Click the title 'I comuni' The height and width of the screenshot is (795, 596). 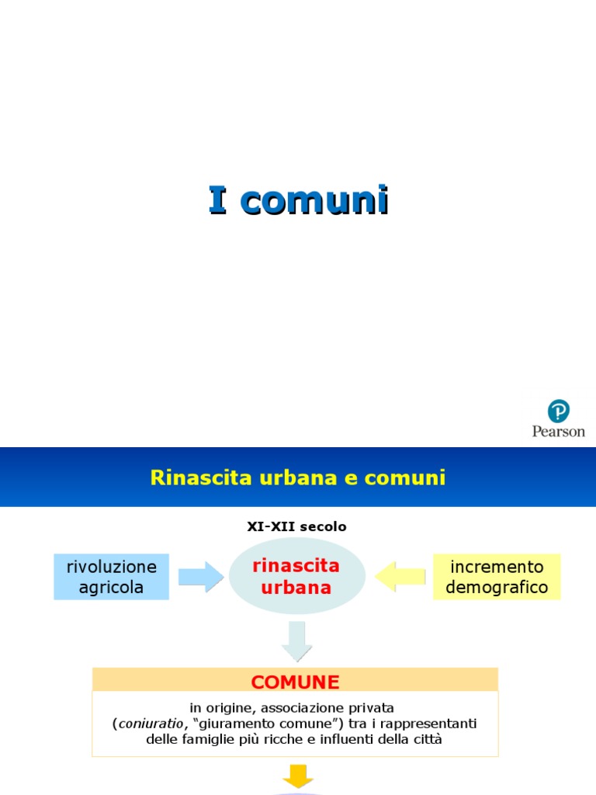(298, 200)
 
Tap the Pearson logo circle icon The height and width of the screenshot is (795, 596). (559, 411)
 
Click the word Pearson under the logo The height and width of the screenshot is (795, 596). (559, 431)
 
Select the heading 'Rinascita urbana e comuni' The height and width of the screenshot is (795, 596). (298, 477)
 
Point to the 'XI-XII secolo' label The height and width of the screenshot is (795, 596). (296, 526)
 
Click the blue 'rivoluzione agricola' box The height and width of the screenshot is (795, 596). (111, 577)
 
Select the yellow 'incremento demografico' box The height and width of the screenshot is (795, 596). (497, 577)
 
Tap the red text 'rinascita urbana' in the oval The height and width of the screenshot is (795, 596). (296, 577)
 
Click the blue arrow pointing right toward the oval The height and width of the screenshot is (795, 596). (200, 577)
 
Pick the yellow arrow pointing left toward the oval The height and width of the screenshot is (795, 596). (400, 577)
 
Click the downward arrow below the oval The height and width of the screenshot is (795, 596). (296, 641)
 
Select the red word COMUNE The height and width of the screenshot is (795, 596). (295, 682)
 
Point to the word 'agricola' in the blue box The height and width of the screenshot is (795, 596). (111, 588)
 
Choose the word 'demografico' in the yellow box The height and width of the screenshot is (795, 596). (497, 588)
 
